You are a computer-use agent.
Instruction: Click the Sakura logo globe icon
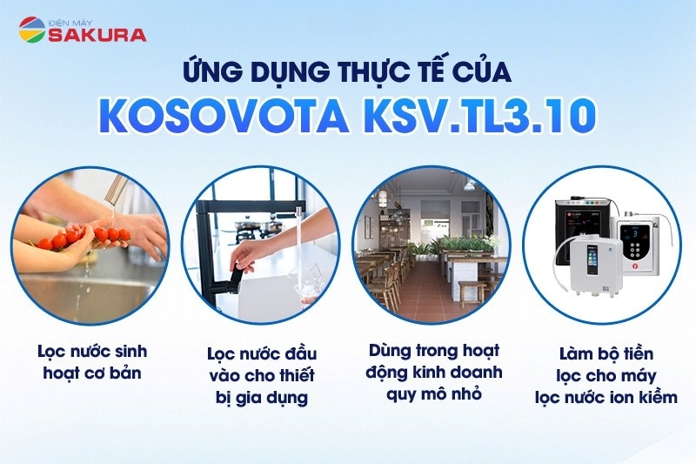32,30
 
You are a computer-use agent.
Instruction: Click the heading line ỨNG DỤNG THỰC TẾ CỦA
348,69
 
